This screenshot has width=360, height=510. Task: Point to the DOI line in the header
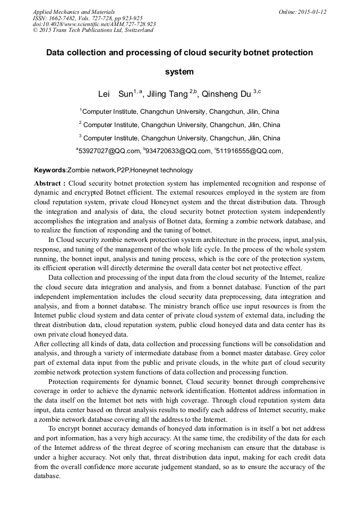point(94,24)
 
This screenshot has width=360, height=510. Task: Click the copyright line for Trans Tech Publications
point(93,30)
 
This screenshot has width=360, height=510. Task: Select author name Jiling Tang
point(167,94)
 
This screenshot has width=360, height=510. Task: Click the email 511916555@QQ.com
point(249,151)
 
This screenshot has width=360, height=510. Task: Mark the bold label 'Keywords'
point(49,170)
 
